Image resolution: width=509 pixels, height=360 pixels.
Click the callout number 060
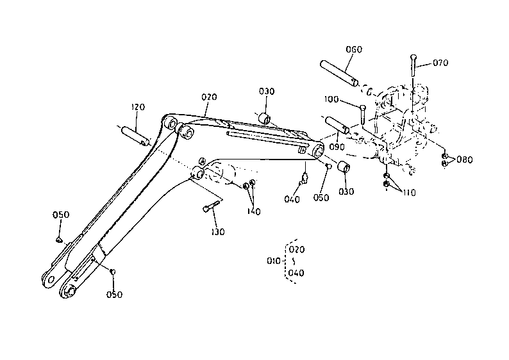pos(354,49)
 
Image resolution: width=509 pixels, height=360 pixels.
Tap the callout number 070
pos(440,63)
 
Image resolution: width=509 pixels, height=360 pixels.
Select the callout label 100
pos(331,99)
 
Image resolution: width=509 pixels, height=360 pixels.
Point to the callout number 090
pos(337,147)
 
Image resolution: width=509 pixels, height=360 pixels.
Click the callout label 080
pos(465,160)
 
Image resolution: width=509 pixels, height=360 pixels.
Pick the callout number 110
pos(409,193)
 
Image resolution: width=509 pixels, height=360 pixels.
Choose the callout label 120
pos(138,107)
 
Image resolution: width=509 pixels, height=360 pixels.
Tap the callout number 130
pos(217,232)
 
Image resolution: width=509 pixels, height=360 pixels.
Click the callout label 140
pos(254,211)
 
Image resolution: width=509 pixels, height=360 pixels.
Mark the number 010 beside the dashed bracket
pos(273,261)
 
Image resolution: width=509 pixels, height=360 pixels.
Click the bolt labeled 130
pos(211,206)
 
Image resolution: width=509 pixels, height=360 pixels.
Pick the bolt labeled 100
pos(363,115)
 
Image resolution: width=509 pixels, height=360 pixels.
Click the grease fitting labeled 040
pos(305,178)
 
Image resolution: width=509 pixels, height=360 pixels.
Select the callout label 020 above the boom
pos(209,97)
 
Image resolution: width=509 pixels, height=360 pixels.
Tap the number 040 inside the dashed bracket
pos(296,273)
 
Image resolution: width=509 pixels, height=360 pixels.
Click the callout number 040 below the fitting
pos(292,199)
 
